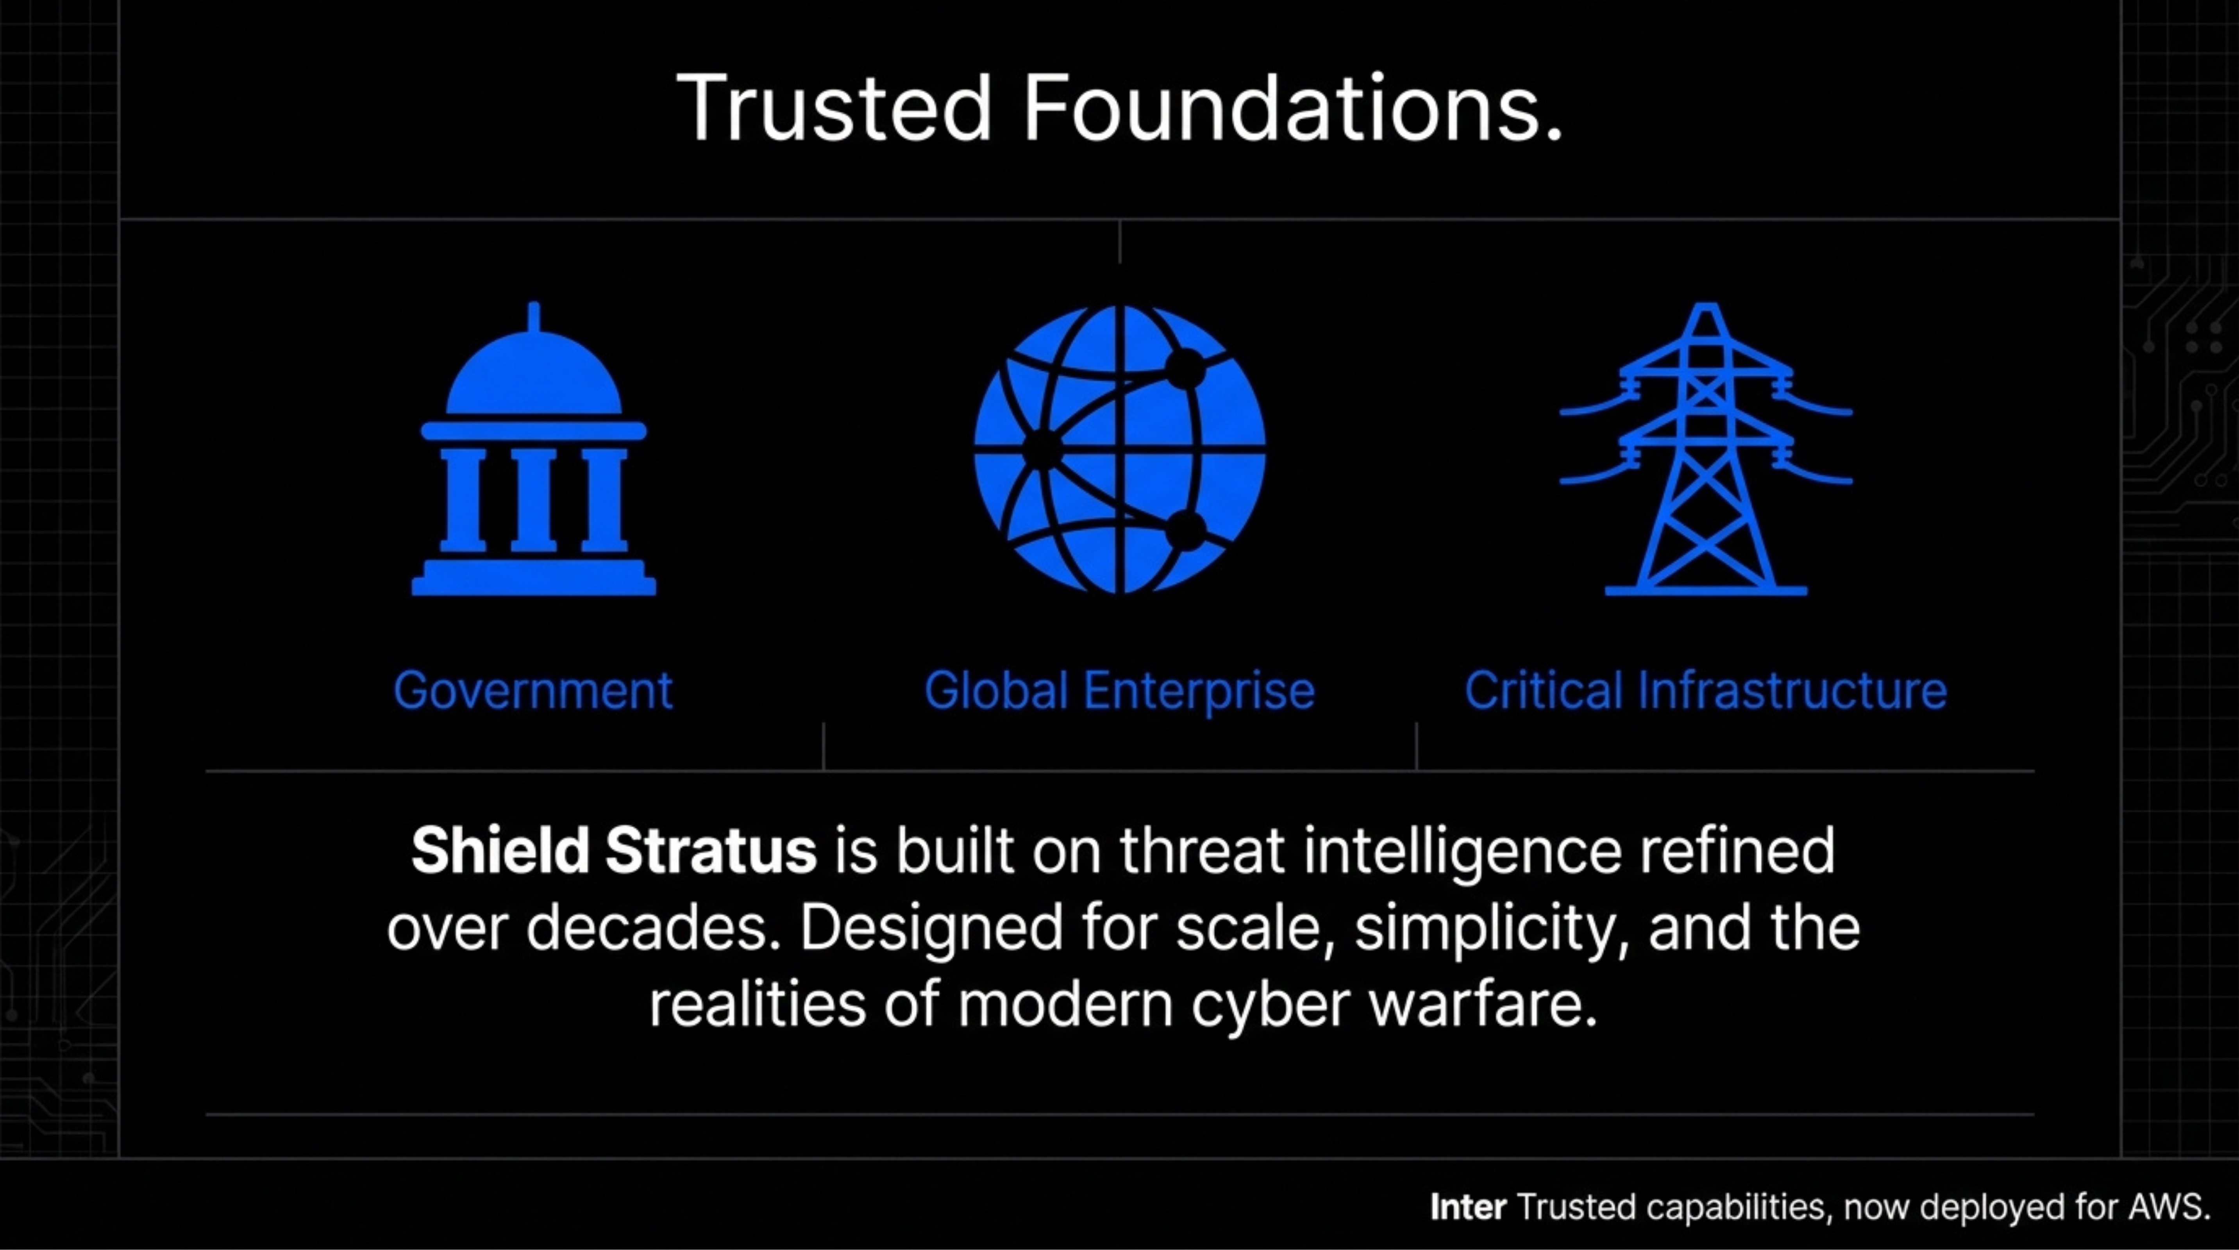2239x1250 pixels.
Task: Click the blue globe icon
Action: (x=1120, y=449)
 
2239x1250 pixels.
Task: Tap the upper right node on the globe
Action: (x=1184, y=369)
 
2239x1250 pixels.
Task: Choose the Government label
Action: (x=533, y=691)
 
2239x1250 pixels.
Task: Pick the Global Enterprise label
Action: (x=1120, y=691)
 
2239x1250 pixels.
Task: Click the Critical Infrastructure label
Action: (x=1705, y=691)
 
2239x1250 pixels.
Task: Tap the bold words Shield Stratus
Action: (x=614, y=850)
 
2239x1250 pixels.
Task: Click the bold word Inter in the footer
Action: (x=1468, y=1207)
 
